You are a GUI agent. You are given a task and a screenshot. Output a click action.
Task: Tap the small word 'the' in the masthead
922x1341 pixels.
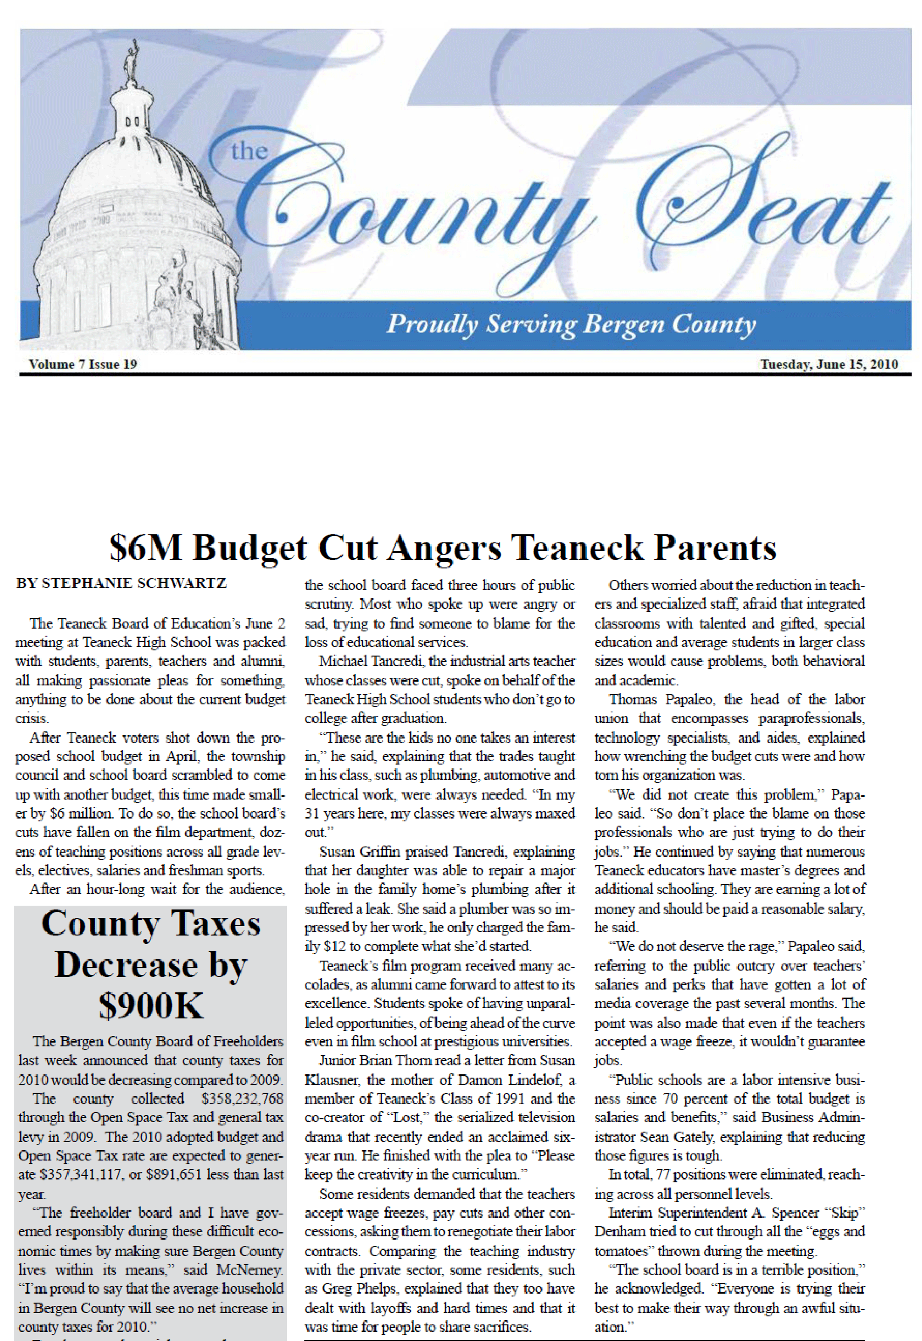point(249,152)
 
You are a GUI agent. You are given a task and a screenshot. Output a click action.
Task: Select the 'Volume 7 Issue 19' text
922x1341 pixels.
point(83,364)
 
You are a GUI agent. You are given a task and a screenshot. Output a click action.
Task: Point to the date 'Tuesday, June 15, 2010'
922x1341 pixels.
point(828,364)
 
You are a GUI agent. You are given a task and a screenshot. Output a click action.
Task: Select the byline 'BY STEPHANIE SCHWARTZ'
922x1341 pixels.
point(121,583)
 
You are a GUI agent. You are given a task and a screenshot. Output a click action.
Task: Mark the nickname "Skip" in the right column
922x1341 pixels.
point(844,1213)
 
